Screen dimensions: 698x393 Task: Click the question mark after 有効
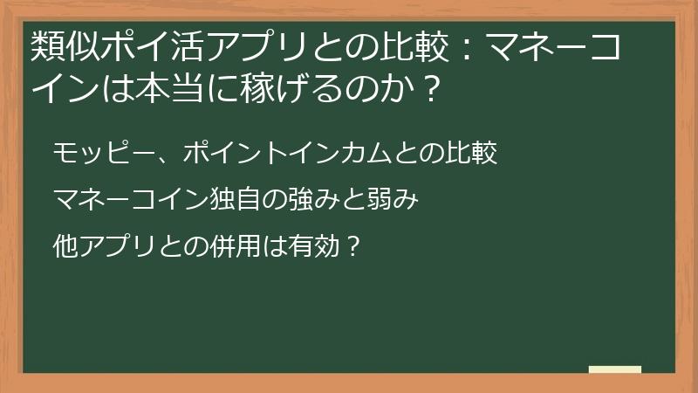352,246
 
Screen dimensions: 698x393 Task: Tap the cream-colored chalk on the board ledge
615,369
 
